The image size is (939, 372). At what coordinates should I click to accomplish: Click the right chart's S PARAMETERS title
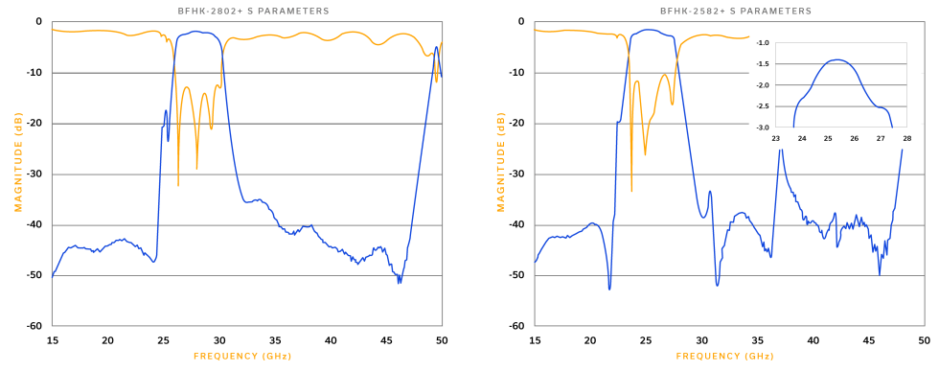pos(735,11)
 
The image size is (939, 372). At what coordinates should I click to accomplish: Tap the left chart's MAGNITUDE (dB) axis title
pos(18,173)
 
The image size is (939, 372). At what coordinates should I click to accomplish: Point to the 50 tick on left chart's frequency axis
pos(442,339)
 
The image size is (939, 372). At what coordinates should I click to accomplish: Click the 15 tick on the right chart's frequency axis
pos(534,339)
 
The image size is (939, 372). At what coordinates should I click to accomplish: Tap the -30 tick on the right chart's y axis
pos(516,174)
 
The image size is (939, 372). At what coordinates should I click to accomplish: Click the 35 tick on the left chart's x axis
pos(275,339)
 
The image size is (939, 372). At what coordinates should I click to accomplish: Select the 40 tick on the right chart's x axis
pos(813,339)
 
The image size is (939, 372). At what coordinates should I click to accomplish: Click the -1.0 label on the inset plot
pos(763,43)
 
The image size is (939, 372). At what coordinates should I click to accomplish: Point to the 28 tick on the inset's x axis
pos(905,137)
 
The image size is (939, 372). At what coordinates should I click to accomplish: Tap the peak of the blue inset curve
pos(838,60)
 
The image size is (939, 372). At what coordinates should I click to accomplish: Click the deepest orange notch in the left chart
pos(178,186)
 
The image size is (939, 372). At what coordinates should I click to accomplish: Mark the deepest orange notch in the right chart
pos(631,192)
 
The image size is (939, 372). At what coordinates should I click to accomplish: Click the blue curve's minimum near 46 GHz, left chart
pos(400,282)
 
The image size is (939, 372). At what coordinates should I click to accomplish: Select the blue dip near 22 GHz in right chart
pos(609,287)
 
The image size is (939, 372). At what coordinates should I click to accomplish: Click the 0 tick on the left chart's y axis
pos(38,21)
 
